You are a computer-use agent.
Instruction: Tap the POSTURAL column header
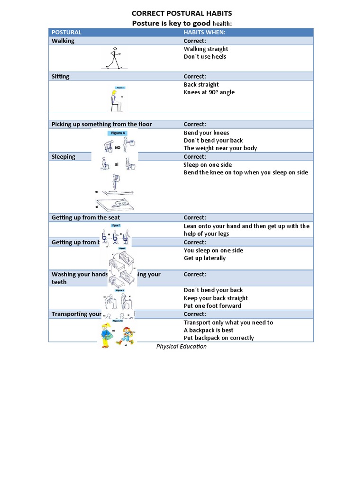pyautogui.click(x=66, y=32)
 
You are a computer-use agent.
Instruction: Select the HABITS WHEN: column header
pyautogui.click(x=204, y=32)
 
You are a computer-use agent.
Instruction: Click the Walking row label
pyautogui.click(x=63, y=41)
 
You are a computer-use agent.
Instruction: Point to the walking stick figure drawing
pyautogui.click(x=114, y=58)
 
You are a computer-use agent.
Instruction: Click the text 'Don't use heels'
pyautogui.click(x=205, y=56)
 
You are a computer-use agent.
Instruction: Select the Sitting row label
pyautogui.click(x=61, y=76)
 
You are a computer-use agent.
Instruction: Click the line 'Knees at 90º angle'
pyautogui.click(x=209, y=92)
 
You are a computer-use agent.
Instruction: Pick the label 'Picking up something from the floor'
pyautogui.click(x=102, y=124)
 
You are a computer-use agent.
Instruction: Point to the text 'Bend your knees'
pyautogui.click(x=206, y=133)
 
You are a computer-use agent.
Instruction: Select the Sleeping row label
pyautogui.click(x=64, y=157)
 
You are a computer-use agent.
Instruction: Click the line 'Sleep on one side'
pyautogui.click(x=208, y=165)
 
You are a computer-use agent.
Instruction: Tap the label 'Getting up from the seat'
pyautogui.click(x=86, y=217)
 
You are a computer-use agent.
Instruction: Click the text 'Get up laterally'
pyautogui.click(x=205, y=258)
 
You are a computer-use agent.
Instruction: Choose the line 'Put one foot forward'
pyautogui.click(x=212, y=305)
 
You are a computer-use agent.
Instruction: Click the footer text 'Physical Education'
pyautogui.click(x=182, y=346)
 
